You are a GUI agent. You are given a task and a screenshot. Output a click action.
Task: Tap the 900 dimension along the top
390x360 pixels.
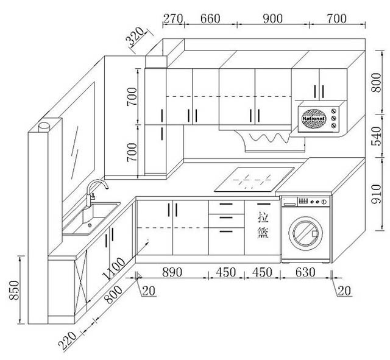tap(272, 18)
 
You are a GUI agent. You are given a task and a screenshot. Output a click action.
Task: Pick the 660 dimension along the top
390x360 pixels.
tap(210, 18)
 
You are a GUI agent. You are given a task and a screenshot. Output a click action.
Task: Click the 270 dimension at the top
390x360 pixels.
tap(173, 18)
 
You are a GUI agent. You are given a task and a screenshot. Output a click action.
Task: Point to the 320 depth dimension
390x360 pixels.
tap(136, 37)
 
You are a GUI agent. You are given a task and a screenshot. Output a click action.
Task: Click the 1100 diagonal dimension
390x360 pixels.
tap(114, 269)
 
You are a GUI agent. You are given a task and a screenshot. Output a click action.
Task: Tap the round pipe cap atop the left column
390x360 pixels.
tap(44, 126)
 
